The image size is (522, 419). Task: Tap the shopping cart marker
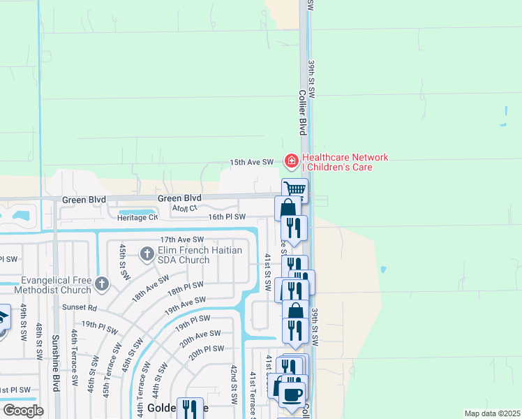[x=295, y=189]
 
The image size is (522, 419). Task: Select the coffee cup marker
[x=292, y=392]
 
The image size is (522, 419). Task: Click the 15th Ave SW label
[x=251, y=162]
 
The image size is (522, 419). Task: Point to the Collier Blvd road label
[x=303, y=112]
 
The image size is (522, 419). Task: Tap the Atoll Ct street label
[x=185, y=208]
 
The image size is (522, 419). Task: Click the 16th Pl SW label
[x=228, y=217]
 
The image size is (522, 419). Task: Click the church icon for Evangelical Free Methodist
[x=102, y=284]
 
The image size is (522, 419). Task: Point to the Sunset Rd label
[x=82, y=307]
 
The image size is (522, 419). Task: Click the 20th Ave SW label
[x=200, y=338]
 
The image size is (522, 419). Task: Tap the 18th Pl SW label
[x=184, y=288]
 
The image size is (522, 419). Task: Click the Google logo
[x=23, y=411]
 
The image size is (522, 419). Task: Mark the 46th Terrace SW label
[x=73, y=359]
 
